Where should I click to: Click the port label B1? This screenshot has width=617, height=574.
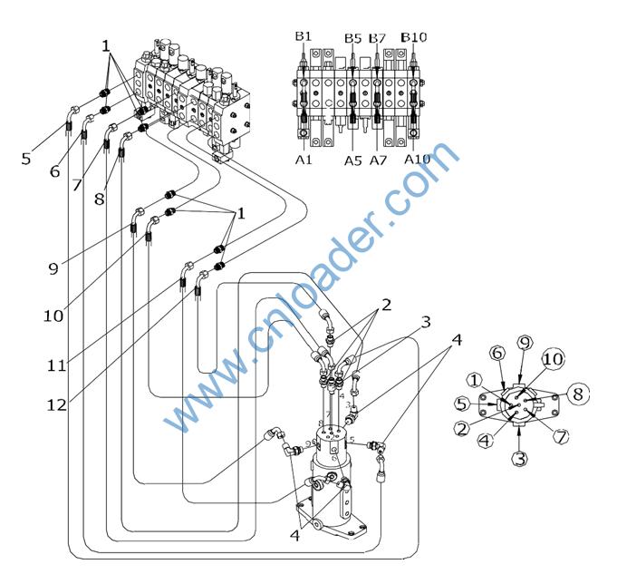pyautogui.click(x=303, y=36)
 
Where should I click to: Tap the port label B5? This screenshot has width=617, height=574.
pyautogui.click(x=352, y=37)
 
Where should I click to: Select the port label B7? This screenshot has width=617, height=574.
pyautogui.click(x=378, y=37)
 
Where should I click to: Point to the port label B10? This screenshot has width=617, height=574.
pyautogui.click(x=414, y=36)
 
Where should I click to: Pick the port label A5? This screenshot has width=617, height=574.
pyautogui.click(x=352, y=161)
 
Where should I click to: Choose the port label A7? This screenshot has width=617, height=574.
pyautogui.click(x=378, y=161)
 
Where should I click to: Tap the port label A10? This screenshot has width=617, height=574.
pyautogui.click(x=417, y=160)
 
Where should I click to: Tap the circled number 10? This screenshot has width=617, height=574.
pyautogui.click(x=552, y=360)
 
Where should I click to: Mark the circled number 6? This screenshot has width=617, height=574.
pyautogui.click(x=496, y=353)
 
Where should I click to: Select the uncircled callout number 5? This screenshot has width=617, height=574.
pyautogui.click(x=26, y=158)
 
